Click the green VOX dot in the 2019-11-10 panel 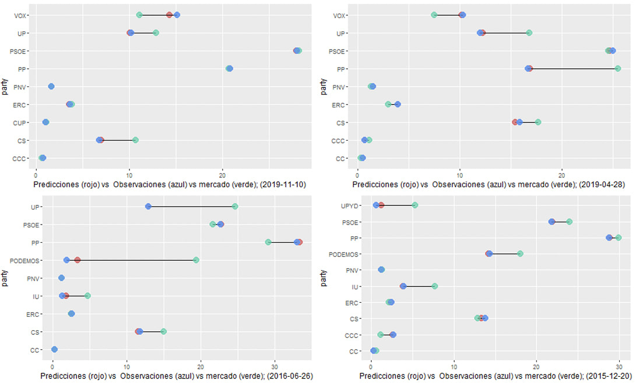(139, 15)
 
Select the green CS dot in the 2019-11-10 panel (135, 140)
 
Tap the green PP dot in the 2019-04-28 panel (617, 68)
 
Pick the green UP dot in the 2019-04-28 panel (529, 33)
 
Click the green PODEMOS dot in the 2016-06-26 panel (196, 260)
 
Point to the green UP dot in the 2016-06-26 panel (235, 206)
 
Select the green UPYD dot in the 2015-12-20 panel (415, 205)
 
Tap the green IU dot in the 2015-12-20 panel (434, 286)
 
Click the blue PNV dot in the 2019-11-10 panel (51, 86)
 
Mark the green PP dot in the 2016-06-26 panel (268, 242)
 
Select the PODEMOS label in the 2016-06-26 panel (28, 260)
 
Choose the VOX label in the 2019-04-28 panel (339, 15)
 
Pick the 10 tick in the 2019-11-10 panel (129, 174)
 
